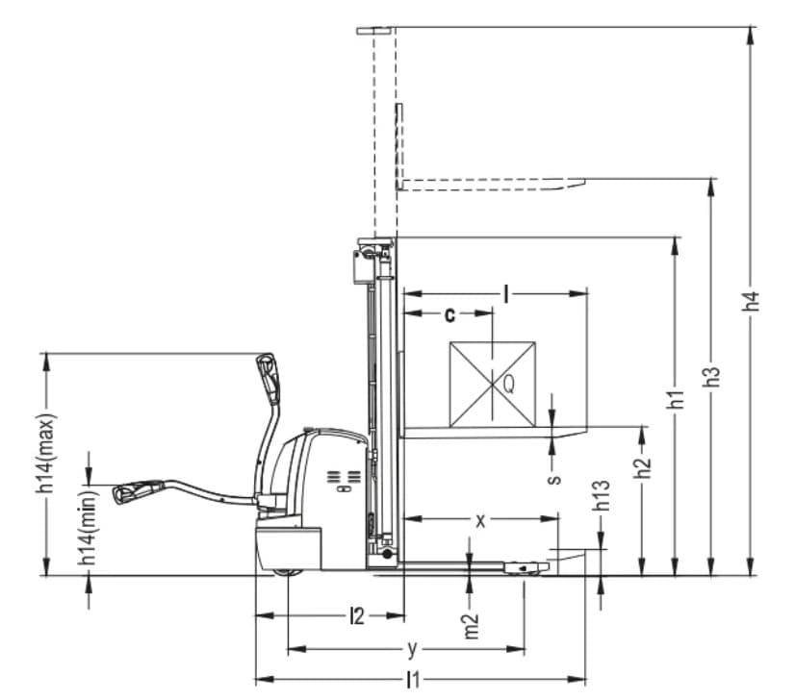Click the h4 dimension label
pos(754,301)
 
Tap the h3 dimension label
pos(713,377)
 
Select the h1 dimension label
pos(677,399)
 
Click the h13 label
pos(602,495)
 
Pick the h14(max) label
pos(46,453)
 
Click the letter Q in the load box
pos(508,385)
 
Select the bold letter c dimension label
pos(449,314)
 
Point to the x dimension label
pos(480,520)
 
